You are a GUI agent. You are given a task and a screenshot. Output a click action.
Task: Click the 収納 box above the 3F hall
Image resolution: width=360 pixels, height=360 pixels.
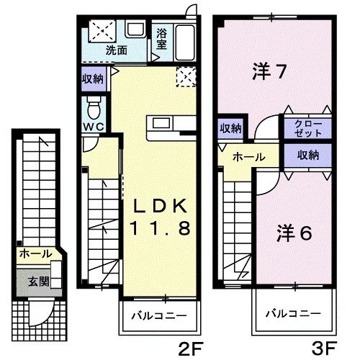[x=230, y=130]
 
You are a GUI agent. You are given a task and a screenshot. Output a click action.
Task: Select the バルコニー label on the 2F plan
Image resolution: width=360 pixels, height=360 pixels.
[x=159, y=315]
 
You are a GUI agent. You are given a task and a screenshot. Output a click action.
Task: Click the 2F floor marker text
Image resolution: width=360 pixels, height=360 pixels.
[x=188, y=349]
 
